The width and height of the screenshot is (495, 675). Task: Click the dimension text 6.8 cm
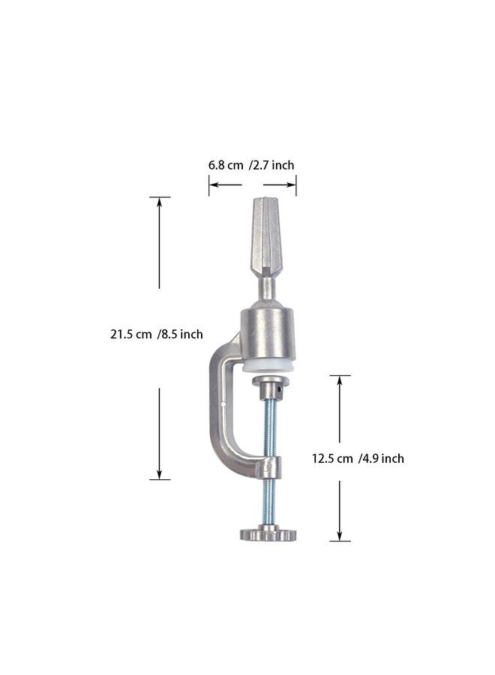pyautogui.click(x=226, y=165)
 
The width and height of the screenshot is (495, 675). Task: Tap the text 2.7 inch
pyautogui.click(x=273, y=165)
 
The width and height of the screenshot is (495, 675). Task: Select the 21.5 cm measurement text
pyautogui.click(x=130, y=334)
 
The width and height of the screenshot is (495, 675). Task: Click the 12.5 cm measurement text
pyautogui.click(x=332, y=458)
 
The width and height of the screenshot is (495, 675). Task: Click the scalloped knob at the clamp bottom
pyautogui.click(x=268, y=534)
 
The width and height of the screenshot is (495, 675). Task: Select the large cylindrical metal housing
pyautogui.click(x=268, y=333)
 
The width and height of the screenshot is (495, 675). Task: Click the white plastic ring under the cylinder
pyautogui.click(x=268, y=366)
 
